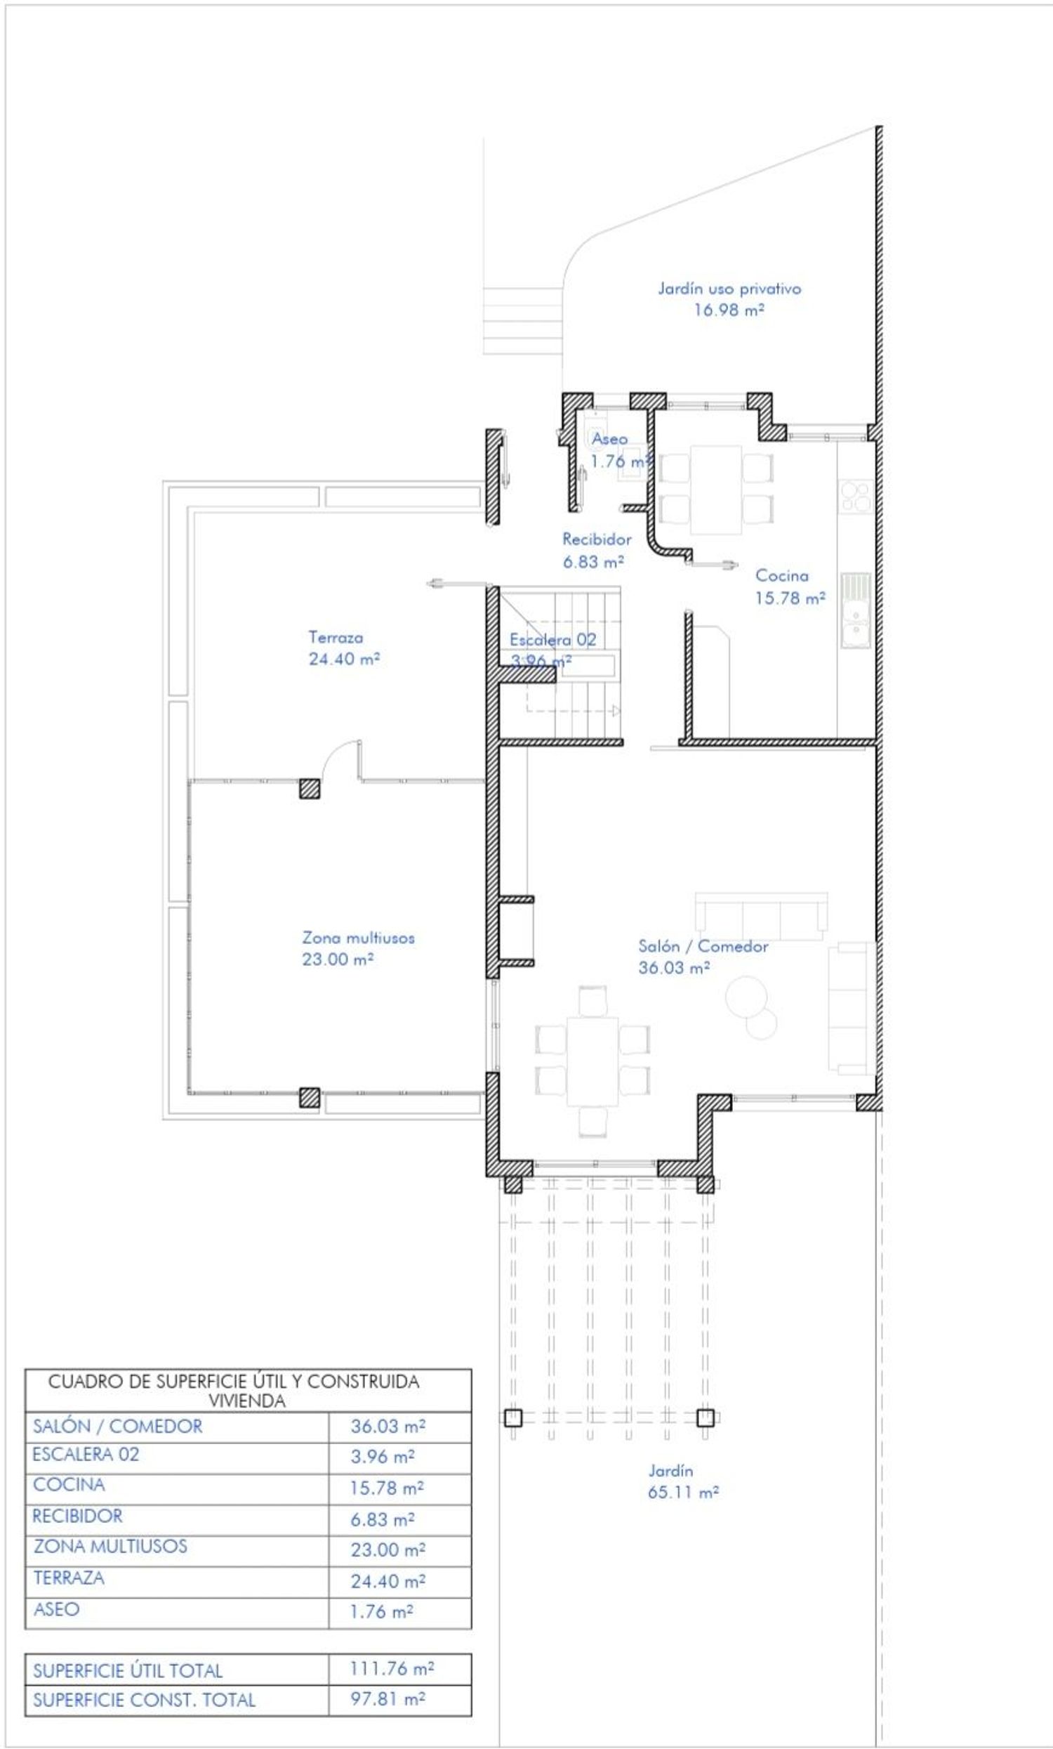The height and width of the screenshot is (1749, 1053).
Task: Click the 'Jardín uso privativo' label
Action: [729, 289]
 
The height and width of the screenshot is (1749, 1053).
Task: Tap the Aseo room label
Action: [609, 439]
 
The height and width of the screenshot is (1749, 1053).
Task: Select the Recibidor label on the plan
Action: [597, 539]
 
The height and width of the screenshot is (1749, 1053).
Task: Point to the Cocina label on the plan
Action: [781, 575]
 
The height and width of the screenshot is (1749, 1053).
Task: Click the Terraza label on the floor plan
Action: [336, 637]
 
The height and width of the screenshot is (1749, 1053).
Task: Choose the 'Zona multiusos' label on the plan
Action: [358, 938]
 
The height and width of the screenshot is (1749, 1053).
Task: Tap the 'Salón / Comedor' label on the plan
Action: [703, 946]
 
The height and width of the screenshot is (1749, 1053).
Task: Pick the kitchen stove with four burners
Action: [856, 496]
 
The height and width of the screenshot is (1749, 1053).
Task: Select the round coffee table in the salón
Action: [746, 998]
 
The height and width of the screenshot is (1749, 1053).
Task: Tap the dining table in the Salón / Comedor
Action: [592, 1061]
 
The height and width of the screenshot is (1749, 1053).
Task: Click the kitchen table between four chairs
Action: [716, 489]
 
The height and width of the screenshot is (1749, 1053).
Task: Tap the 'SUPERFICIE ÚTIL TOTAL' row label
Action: [128, 1670]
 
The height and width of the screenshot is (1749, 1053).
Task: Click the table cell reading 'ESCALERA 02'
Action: [85, 1455]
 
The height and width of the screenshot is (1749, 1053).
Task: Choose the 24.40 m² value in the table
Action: [388, 1580]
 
